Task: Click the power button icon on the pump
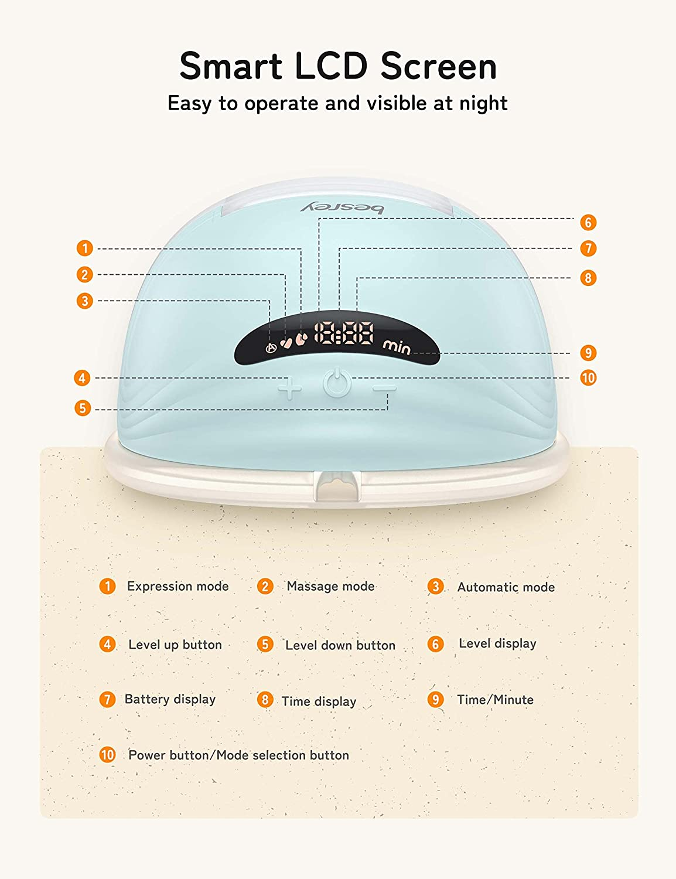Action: point(336,382)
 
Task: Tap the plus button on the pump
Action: point(289,389)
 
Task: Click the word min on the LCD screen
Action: point(397,347)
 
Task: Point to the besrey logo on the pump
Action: point(342,208)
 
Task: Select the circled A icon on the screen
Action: point(271,348)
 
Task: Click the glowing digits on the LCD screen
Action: point(344,333)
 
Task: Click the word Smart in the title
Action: point(231,66)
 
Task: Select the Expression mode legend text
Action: point(178,586)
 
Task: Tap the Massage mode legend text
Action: point(331,586)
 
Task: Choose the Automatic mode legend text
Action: point(506,587)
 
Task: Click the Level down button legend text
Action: point(340,645)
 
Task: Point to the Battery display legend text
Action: point(170,700)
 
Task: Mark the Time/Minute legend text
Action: point(495,700)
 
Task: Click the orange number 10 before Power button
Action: point(108,755)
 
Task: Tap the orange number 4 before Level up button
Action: point(108,644)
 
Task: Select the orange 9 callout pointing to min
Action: point(588,353)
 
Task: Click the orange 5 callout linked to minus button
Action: point(83,408)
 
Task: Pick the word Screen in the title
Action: point(439,66)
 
